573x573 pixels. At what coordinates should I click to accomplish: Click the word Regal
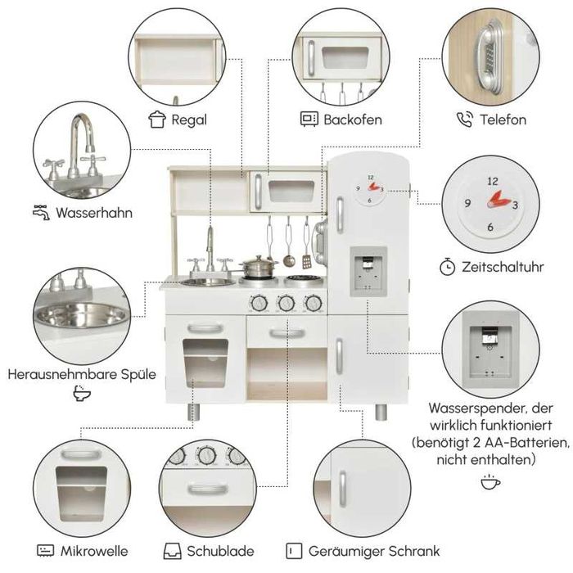[189, 120]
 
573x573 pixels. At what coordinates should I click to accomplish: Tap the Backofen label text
[353, 120]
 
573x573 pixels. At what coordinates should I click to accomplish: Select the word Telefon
[503, 120]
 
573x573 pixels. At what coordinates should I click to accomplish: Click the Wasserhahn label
[94, 213]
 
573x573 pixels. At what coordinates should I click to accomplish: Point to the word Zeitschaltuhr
[503, 267]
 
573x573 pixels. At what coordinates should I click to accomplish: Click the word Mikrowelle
[94, 551]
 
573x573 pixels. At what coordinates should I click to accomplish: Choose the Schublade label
[220, 551]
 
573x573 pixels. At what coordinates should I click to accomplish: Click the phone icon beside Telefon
[465, 120]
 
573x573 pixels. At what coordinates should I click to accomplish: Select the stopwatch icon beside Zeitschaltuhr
[447, 267]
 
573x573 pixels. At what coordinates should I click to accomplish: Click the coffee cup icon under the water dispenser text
[490, 481]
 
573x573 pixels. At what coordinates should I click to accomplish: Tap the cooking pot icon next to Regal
[157, 120]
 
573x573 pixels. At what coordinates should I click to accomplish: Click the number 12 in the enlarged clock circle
[493, 181]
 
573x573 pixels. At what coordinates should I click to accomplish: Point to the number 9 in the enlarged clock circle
[467, 203]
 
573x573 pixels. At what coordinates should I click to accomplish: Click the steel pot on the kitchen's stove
[259, 267]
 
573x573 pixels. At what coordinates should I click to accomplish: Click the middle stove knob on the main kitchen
[286, 303]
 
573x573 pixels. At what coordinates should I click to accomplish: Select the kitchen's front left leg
[193, 412]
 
